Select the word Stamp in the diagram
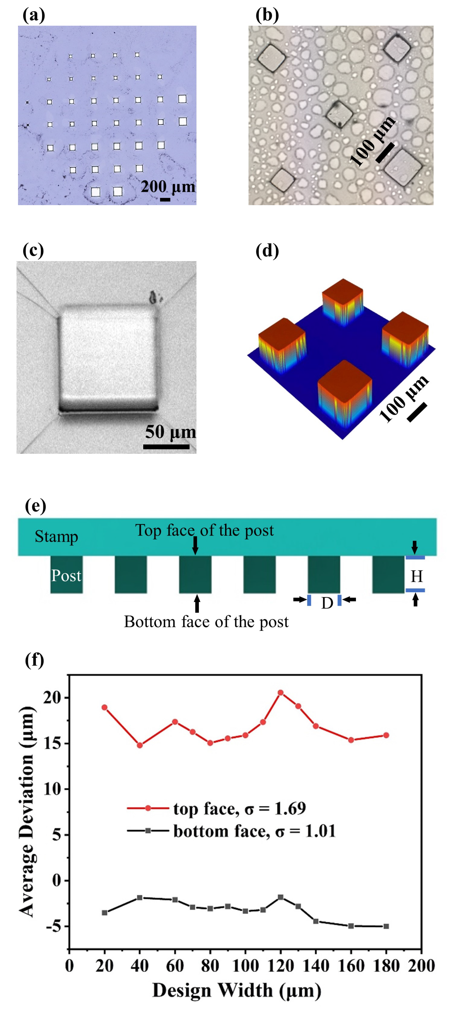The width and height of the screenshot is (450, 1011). pos(56,537)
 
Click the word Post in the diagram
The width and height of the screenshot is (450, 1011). pos(66,575)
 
